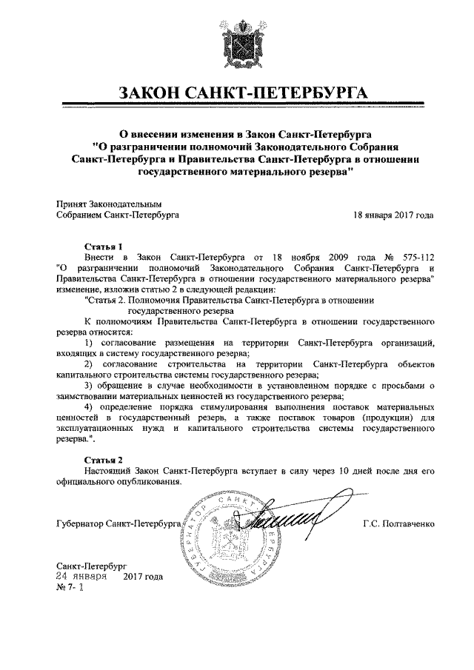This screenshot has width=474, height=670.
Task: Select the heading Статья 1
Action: click(102, 245)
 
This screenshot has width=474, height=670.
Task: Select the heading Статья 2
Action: click(102, 460)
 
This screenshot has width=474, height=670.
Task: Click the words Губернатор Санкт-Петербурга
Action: click(118, 525)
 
